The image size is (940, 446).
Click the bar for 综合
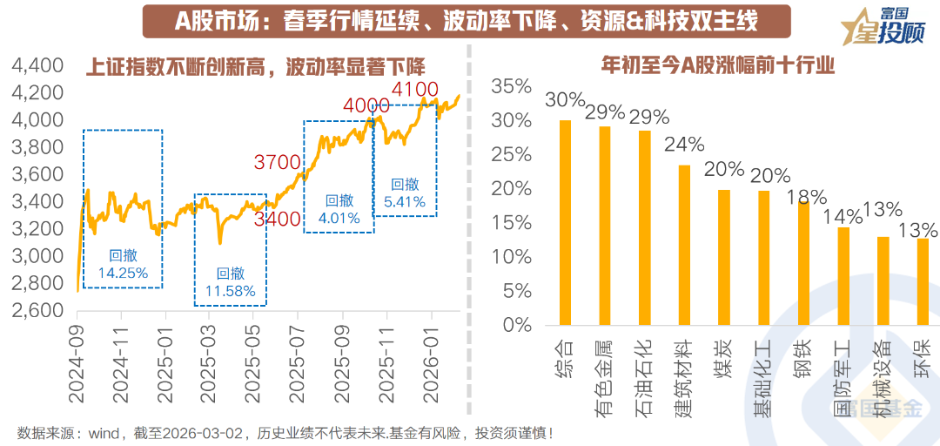(x=565, y=222)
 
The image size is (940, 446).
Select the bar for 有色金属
(x=605, y=226)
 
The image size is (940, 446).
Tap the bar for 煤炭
(x=724, y=257)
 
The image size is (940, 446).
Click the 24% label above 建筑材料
(x=684, y=144)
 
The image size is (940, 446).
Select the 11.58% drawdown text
(x=231, y=291)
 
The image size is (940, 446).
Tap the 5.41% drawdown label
(x=405, y=201)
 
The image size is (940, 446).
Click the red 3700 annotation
(x=277, y=161)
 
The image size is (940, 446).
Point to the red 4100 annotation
(x=414, y=89)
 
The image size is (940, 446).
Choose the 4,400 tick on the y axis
(x=37, y=65)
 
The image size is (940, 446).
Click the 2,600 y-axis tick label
(x=37, y=310)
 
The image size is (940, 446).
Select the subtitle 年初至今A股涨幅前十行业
(x=718, y=66)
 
